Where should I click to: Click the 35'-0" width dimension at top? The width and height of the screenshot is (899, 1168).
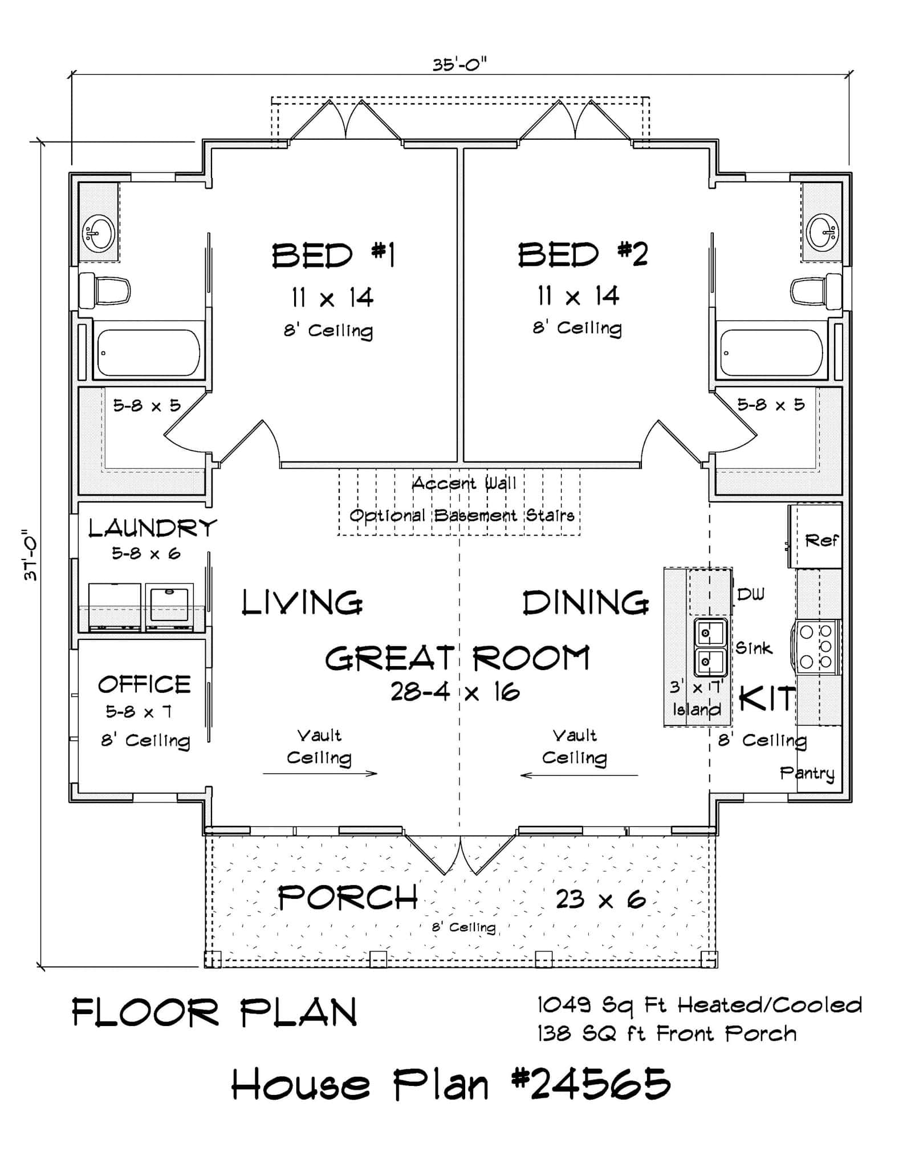pyautogui.click(x=459, y=64)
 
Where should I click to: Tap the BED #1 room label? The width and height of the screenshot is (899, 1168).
pyautogui.click(x=333, y=255)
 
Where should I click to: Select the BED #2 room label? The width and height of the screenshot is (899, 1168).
pyautogui.click(x=583, y=254)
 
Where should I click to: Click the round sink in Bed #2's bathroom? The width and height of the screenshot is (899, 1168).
pyautogui.click(x=821, y=232)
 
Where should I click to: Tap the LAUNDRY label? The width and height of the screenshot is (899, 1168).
pyautogui.click(x=152, y=528)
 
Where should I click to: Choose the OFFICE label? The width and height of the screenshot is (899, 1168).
pyautogui.click(x=144, y=684)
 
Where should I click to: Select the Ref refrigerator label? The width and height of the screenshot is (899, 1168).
pyautogui.click(x=821, y=540)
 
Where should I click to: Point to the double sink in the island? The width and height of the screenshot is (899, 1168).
pyautogui.click(x=710, y=647)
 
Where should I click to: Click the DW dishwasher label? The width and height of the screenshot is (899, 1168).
pyautogui.click(x=750, y=594)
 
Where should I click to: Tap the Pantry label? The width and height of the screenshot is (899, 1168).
pyautogui.click(x=807, y=773)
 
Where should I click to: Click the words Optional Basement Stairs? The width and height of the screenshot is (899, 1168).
pyautogui.click(x=461, y=516)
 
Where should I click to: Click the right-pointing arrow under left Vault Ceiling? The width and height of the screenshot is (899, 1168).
pyautogui.click(x=320, y=774)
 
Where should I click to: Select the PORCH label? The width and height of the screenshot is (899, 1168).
pyautogui.click(x=348, y=898)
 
